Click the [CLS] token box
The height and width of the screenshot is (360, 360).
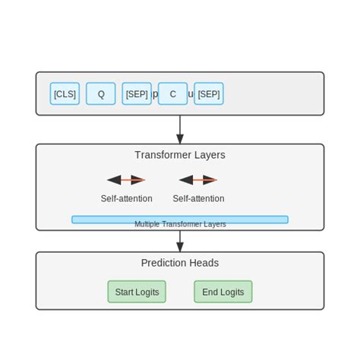[x=65, y=93]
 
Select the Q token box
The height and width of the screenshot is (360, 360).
[x=100, y=93]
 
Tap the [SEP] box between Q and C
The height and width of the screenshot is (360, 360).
[x=137, y=93]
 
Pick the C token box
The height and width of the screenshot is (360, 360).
[x=172, y=93]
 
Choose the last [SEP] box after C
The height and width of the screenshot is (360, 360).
[x=209, y=93]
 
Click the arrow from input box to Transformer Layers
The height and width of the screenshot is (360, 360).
[x=180, y=129]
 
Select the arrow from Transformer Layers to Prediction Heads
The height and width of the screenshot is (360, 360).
[x=180, y=241]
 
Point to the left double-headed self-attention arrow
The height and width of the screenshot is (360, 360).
[x=126, y=180]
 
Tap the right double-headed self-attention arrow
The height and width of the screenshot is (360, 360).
[x=198, y=180]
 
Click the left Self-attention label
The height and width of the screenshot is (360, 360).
[x=126, y=198]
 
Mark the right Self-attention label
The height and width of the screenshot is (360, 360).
[x=198, y=198]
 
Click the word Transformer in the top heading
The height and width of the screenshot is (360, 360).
[x=162, y=155]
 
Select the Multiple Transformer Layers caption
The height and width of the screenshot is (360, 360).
[x=180, y=225]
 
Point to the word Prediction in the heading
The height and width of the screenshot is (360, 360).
[x=164, y=263]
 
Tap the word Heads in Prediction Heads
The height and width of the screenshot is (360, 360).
[x=204, y=263]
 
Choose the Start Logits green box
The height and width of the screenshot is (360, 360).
[x=137, y=292]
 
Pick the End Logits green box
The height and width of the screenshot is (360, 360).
[x=223, y=292]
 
